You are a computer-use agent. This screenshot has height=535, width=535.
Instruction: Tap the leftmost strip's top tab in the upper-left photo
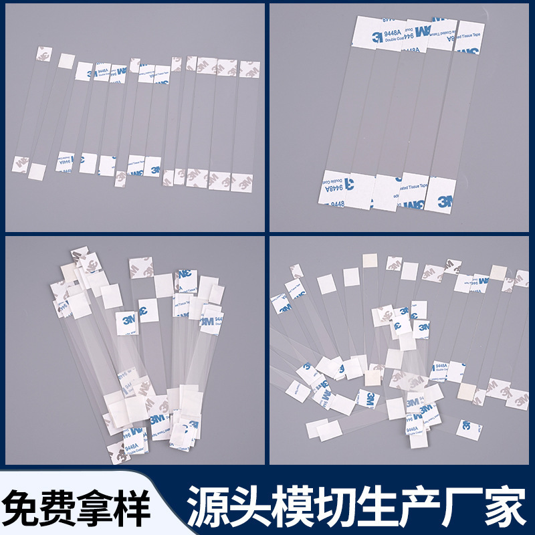point(44,53)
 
